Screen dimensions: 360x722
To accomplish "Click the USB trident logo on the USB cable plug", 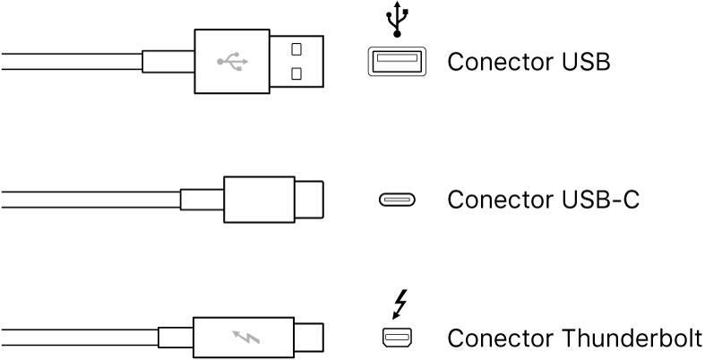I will click(232, 62).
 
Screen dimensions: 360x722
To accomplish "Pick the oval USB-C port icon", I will click(396, 200).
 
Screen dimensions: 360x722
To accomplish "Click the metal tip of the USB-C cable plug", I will click(308, 199).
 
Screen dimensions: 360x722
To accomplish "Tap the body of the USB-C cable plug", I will click(258, 199).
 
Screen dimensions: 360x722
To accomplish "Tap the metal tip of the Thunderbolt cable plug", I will click(308, 339).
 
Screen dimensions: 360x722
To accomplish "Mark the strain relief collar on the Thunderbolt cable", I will click(174, 339).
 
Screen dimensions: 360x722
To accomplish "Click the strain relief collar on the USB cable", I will click(168, 62).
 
